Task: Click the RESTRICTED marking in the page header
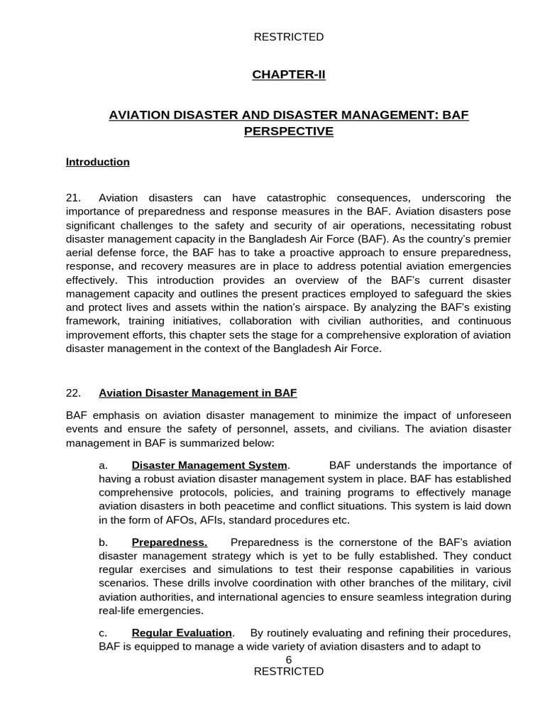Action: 289,37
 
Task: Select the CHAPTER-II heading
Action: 289,75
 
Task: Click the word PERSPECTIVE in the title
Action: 289,131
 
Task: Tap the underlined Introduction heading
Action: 98,162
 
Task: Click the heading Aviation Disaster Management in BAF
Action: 198,393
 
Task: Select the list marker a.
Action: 103,466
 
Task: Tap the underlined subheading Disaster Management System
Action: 210,466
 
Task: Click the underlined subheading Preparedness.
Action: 170,542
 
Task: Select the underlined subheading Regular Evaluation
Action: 182,633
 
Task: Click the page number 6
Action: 289,660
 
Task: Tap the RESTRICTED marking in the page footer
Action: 289,672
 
